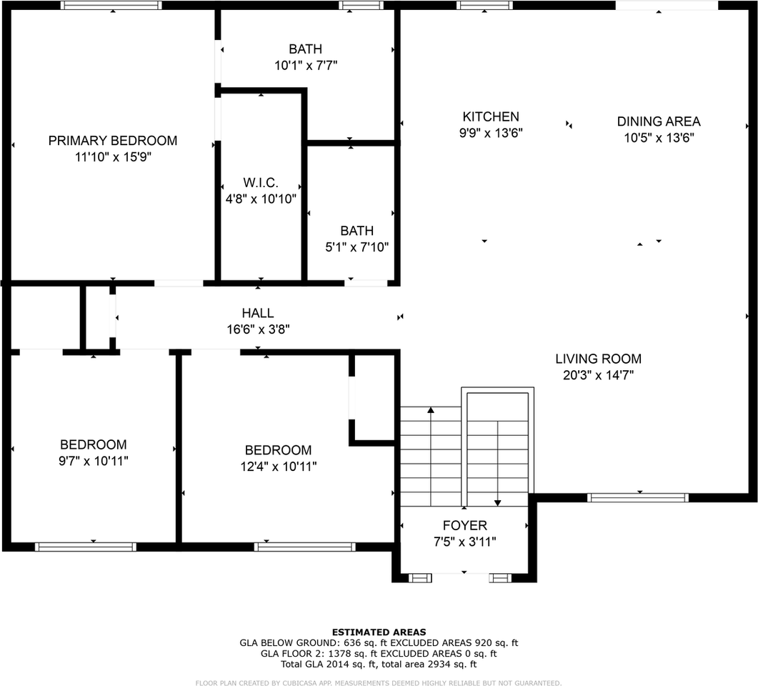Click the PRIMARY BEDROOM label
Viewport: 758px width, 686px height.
click(x=112, y=141)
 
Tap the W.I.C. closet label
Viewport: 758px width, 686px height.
click(x=260, y=183)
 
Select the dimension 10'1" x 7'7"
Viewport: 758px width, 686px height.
click(x=305, y=66)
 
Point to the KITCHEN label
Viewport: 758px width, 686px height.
click(x=491, y=116)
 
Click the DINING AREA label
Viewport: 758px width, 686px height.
click(x=658, y=121)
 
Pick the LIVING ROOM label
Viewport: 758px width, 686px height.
click(x=598, y=359)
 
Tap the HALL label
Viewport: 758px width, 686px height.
click(x=257, y=313)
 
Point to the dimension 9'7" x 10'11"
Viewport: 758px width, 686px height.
click(x=93, y=461)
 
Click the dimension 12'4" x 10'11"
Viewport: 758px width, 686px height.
click(x=278, y=467)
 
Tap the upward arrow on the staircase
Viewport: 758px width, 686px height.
click(x=431, y=410)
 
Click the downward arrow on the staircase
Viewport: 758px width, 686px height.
click(x=498, y=502)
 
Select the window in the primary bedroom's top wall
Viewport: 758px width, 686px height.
click(x=111, y=5)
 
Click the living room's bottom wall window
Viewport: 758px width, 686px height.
click(x=637, y=497)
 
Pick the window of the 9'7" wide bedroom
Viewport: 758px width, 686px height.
click(x=85, y=547)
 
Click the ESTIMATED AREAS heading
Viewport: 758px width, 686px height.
click(x=379, y=632)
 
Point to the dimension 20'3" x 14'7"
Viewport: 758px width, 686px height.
click(x=598, y=374)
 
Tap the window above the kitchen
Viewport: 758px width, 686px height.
click(x=484, y=5)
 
